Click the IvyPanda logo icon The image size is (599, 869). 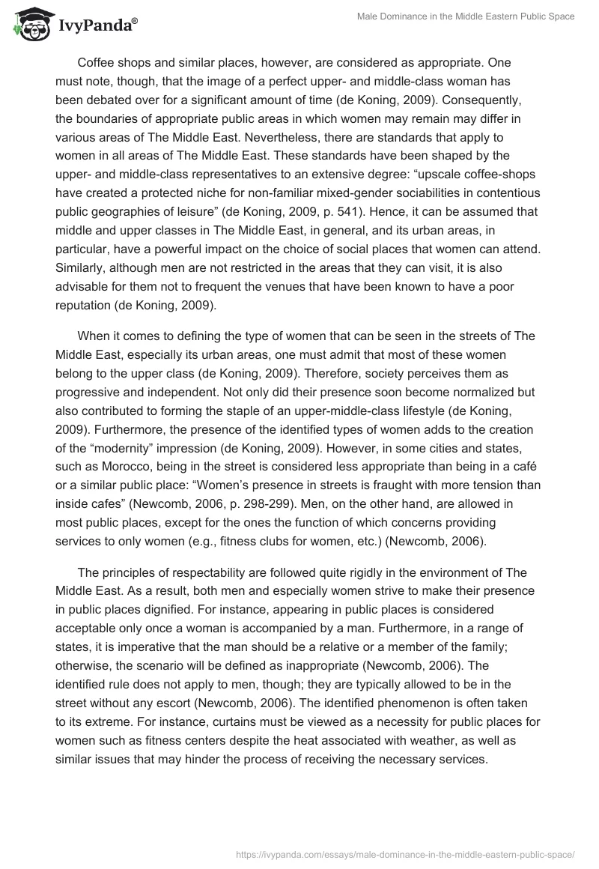(30, 22)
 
